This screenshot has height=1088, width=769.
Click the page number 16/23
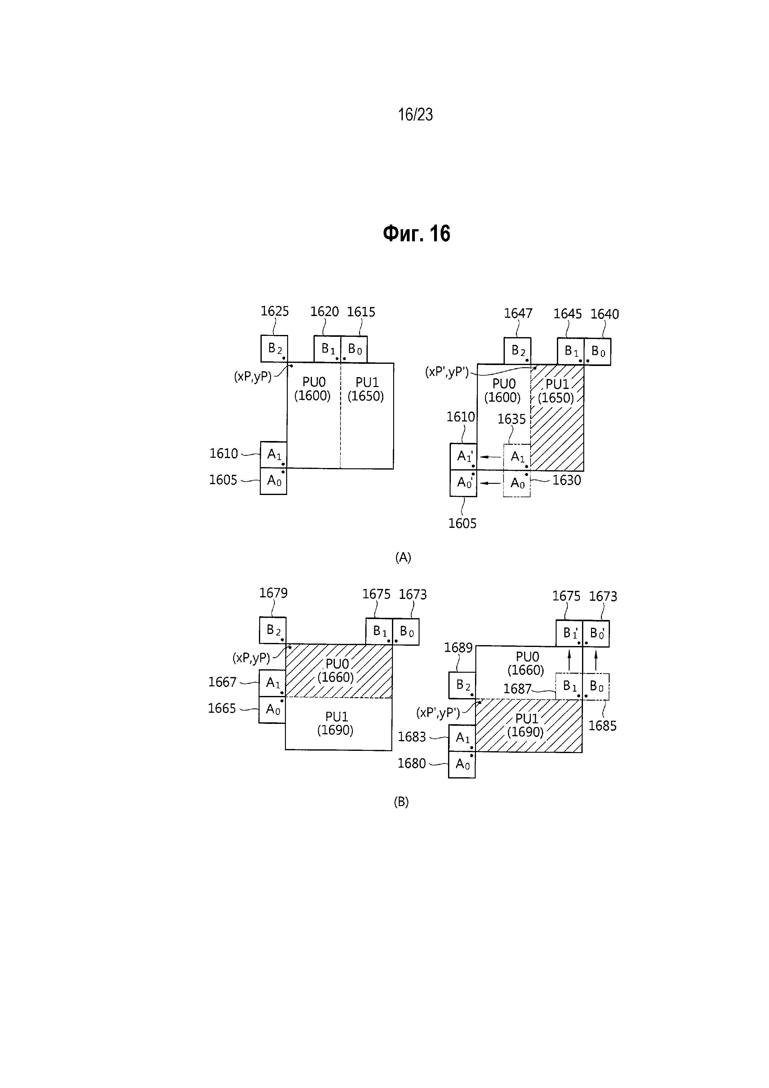click(415, 115)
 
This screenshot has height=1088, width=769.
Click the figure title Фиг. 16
click(416, 234)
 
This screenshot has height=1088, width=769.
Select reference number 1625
click(275, 311)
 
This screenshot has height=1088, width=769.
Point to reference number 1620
click(325, 312)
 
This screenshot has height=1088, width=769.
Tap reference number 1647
click(518, 313)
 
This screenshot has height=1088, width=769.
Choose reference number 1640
click(605, 314)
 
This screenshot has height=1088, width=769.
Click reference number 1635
click(512, 419)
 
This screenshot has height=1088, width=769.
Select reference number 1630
click(567, 480)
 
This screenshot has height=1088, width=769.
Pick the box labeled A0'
click(463, 483)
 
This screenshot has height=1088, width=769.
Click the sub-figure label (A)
click(403, 557)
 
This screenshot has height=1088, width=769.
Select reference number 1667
click(222, 682)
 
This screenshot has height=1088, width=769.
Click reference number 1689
click(458, 648)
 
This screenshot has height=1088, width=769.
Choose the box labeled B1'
click(570, 634)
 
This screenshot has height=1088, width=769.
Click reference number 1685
click(602, 726)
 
